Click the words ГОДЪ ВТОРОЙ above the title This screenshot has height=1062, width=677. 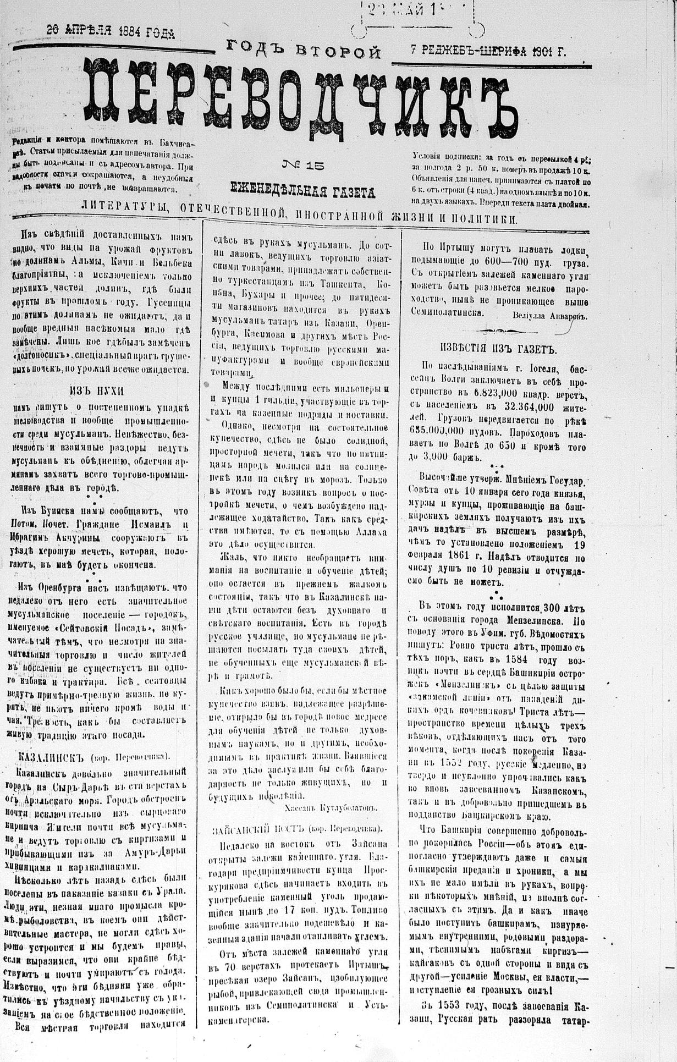tap(304, 52)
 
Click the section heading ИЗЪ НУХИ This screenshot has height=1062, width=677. tap(97, 390)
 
